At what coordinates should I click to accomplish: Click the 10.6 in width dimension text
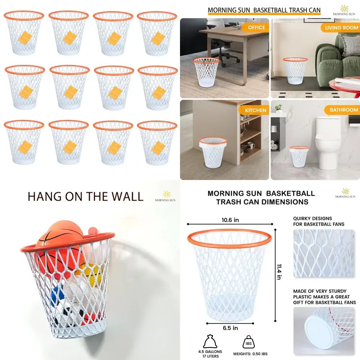(231, 219)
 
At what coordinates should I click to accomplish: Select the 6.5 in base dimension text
(230, 328)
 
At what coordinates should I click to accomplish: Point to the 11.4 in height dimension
(279, 272)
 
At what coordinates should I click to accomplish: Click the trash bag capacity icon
(210, 341)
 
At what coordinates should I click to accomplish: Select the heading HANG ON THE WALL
(85, 197)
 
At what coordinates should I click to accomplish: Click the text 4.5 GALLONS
(210, 352)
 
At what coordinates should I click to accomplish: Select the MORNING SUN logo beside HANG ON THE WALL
(165, 197)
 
